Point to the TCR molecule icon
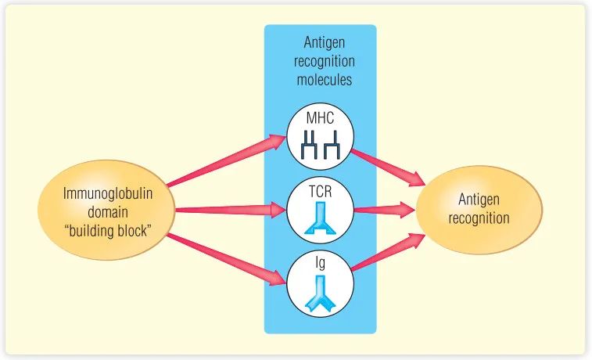(320, 217)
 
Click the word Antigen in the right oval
(479, 200)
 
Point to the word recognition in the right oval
(479, 218)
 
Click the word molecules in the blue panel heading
(320, 79)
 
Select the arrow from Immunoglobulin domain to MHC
(223, 162)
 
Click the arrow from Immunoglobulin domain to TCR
(227, 210)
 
